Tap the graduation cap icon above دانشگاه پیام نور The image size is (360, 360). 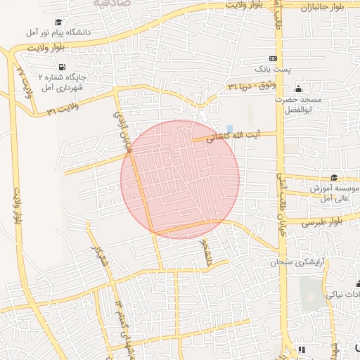58,22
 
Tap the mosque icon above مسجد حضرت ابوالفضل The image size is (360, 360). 298,89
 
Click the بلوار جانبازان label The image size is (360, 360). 328,8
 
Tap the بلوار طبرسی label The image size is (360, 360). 324,221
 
